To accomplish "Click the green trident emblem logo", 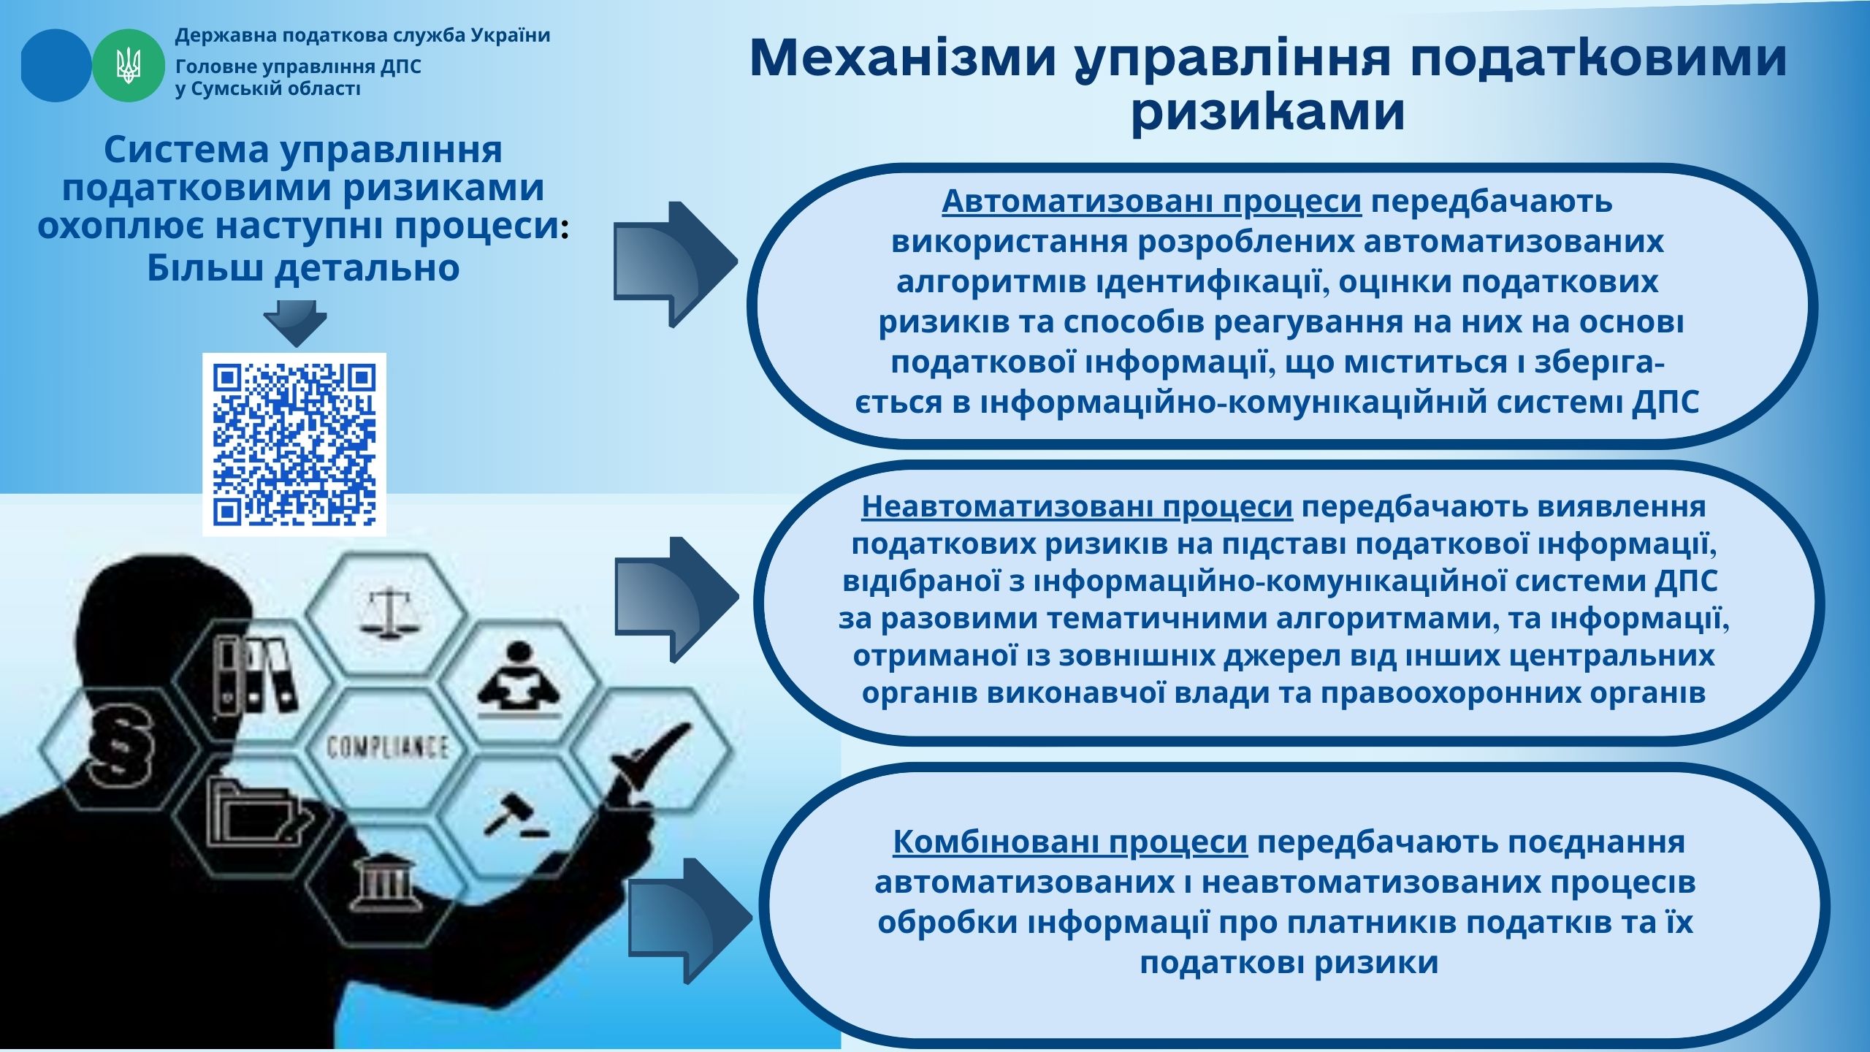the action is [129, 66].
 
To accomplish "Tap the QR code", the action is [294, 444].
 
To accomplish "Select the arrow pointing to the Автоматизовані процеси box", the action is [675, 264].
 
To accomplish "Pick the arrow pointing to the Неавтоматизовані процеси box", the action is [676, 599].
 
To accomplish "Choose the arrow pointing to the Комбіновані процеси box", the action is [690, 920].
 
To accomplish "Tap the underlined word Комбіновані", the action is [996, 842].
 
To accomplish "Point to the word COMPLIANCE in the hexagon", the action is [387, 747].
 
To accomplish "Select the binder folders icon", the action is [254, 676].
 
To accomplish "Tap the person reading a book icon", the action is [519, 679].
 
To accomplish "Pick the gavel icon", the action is [513, 815].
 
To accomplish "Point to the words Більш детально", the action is [303, 268].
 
